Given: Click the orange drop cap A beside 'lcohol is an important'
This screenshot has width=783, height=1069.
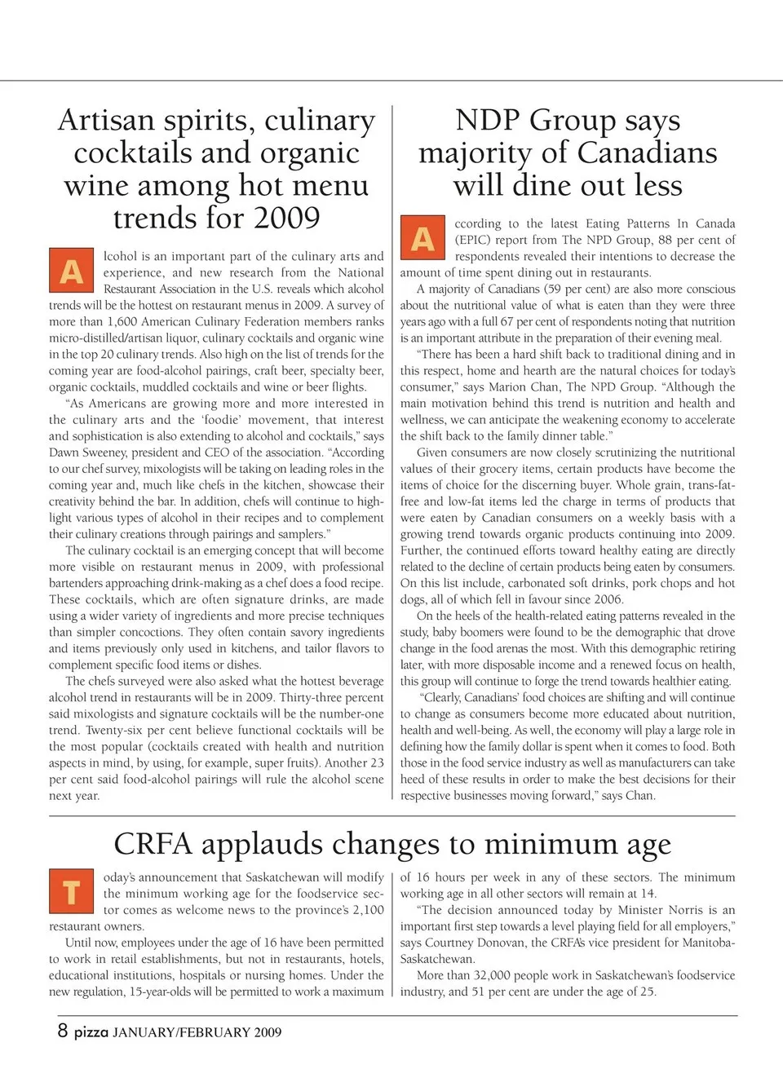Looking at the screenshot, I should tap(72, 271).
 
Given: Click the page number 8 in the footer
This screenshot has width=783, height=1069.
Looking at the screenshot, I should tap(63, 1030).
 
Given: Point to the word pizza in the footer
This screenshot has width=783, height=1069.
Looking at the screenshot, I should tap(91, 1032).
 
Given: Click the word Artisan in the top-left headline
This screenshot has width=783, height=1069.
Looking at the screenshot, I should tap(106, 121).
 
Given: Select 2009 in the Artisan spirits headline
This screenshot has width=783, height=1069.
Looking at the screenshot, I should tap(285, 219).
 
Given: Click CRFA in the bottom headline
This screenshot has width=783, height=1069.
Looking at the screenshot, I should tap(153, 844).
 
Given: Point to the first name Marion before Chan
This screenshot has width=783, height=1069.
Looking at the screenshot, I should tap(512, 387).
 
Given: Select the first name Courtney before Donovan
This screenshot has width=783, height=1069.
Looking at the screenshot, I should tap(453, 943).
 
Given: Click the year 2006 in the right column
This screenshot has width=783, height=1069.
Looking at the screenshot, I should tap(608, 599).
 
